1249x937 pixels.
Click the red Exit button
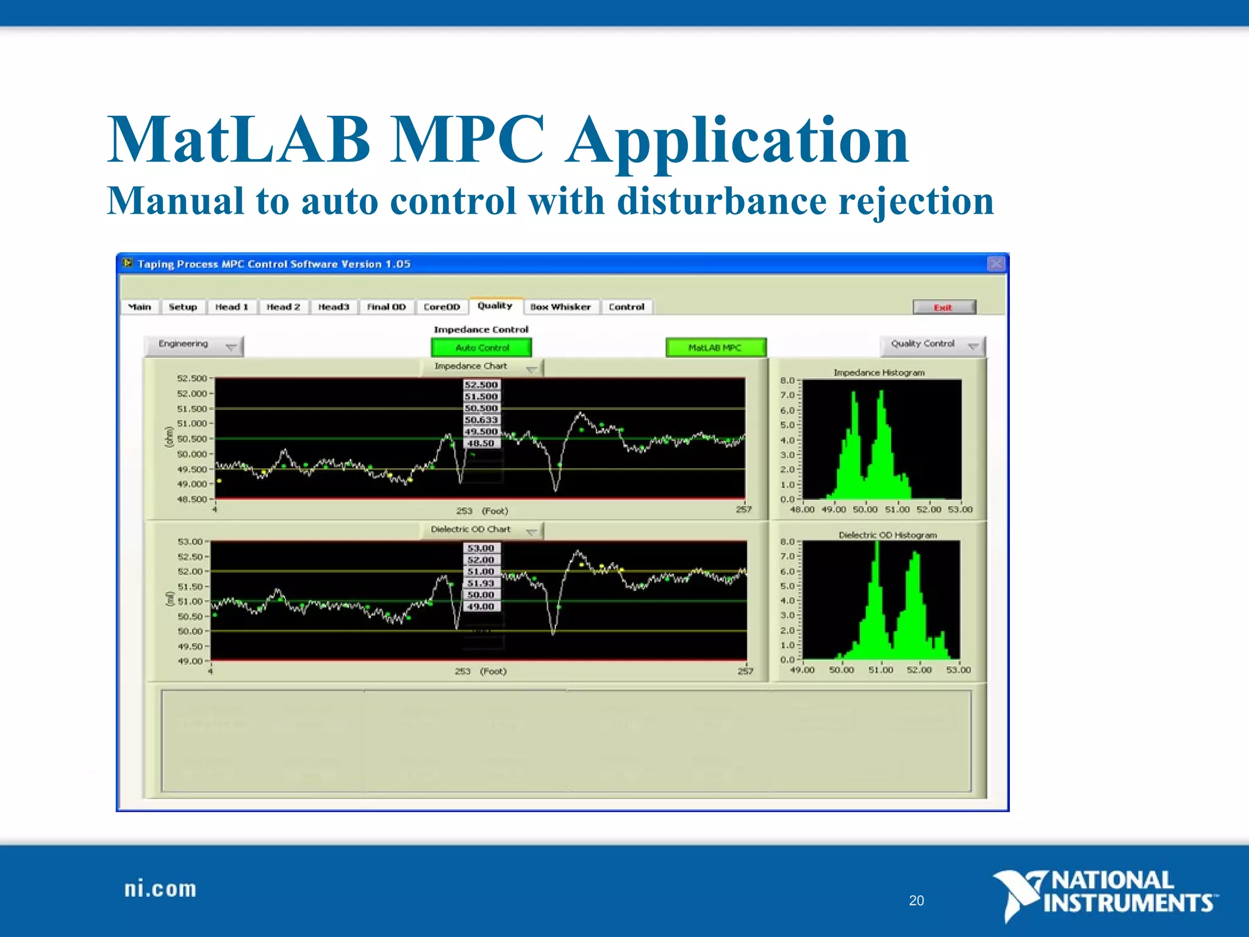tap(943, 307)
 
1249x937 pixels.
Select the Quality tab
tap(495, 306)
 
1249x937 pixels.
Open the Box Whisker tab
tap(560, 307)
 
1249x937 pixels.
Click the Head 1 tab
tap(232, 307)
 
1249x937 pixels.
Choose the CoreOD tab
tap(442, 307)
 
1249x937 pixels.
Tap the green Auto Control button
tap(481, 348)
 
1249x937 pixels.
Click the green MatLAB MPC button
tap(715, 348)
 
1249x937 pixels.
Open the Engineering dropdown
tap(193, 345)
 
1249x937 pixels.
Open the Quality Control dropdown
tap(932, 345)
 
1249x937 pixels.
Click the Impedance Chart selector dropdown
tap(481, 367)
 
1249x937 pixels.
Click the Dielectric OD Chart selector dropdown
tap(481, 530)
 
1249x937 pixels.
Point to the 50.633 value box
tap(481, 420)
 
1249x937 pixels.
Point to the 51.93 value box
tap(481, 583)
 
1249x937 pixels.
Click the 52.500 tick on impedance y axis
tap(191, 378)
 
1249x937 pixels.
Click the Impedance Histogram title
tap(879, 373)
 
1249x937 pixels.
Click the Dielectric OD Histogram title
tap(887, 535)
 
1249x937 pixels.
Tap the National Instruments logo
tap(1104, 894)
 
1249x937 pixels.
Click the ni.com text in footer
tap(160, 889)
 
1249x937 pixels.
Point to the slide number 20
tap(916, 900)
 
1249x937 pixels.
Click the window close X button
tap(995, 264)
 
